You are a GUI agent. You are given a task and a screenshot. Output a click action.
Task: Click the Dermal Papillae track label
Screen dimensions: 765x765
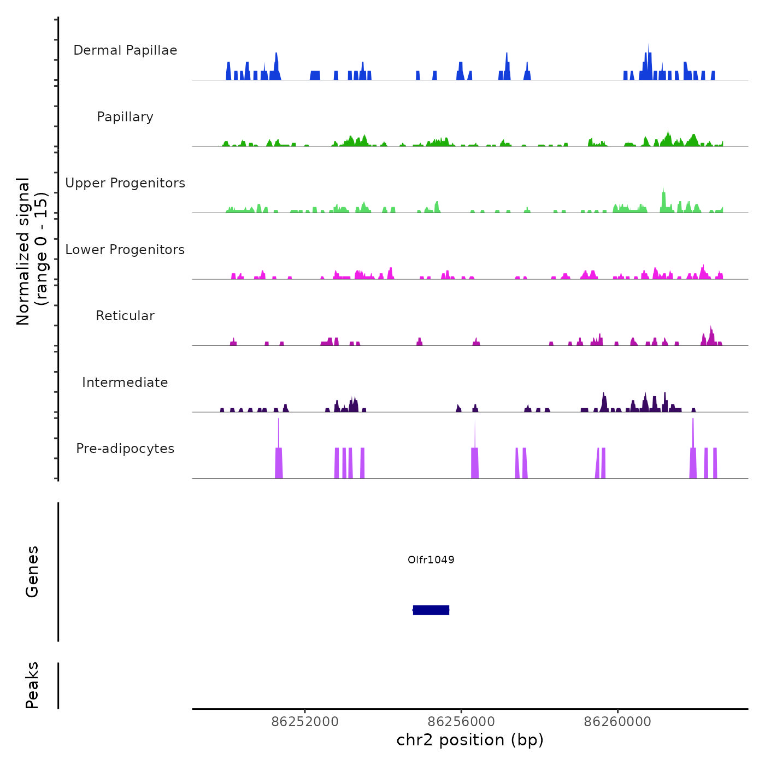pyautogui.click(x=125, y=50)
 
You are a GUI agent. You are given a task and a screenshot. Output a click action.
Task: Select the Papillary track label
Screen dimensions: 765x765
pyautogui.click(x=125, y=117)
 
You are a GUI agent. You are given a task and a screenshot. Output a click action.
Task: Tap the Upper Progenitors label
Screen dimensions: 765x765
pyautogui.click(x=125, y=183)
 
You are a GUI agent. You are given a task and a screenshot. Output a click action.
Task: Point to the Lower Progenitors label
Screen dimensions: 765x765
pyautogui.click(x=125, y=250)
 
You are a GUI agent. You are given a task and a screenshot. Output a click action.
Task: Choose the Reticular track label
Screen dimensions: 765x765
pyautogui.click(x=125, y=316)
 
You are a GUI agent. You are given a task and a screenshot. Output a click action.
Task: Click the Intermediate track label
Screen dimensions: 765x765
pyautogui.click(x=125, y=382)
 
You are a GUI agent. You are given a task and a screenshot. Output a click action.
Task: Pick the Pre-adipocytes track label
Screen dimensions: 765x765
pyautogui.click(x=125, y=449)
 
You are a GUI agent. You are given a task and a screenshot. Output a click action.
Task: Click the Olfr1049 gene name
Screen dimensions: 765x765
pyautogui.click(x=431, y=560)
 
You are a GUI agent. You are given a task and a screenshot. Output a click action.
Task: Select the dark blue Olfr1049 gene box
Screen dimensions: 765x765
pyautogui.click(x=431, y=610)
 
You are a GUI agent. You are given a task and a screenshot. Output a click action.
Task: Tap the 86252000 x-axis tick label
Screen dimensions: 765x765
pyautogui.click(x=305, y=722)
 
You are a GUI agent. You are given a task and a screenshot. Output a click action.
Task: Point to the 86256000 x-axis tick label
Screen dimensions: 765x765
pyautogui.click(x=461, y=722)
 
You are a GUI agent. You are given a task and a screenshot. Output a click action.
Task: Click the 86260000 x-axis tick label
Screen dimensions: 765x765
pyautogui.click(x=618, y=722)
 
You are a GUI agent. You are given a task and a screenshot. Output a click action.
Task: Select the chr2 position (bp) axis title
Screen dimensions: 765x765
pyautogui.click(x=470, y=740)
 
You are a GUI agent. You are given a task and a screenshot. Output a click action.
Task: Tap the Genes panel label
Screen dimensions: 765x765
pyautogui.click(x=32, y=572)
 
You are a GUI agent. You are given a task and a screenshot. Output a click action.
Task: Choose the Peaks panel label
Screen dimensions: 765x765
pyautogui.click(x=32, y=685)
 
